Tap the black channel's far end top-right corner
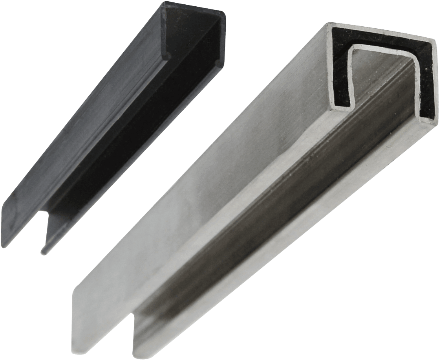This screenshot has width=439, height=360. click(226, 16)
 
